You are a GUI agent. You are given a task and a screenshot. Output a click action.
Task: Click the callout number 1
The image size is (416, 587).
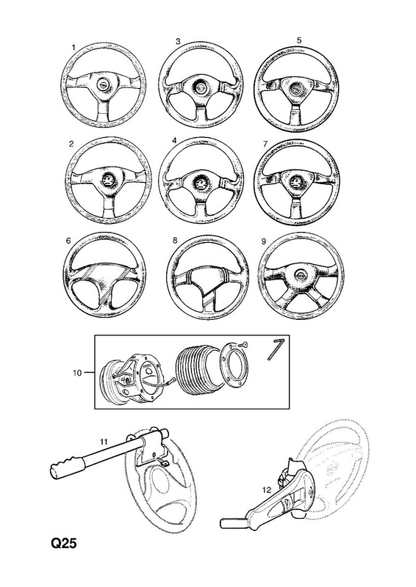[73, 47]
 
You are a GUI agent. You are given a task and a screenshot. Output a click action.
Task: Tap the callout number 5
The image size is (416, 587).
[299, 40]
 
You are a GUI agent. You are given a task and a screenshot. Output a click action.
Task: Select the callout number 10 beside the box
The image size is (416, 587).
[77, 373]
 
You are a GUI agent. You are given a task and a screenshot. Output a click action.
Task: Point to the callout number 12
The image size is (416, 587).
[266, 489]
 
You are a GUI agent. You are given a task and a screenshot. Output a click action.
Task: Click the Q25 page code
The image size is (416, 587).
[64, 543]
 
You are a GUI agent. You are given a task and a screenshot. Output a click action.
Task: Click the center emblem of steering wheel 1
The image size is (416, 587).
[101, 85]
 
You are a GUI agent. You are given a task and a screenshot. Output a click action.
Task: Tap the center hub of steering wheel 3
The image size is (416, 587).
[200, 88]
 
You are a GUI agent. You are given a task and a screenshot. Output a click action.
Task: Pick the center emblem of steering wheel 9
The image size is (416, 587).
[300, 274]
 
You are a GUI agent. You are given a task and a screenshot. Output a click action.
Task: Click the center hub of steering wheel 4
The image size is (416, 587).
[200, 183]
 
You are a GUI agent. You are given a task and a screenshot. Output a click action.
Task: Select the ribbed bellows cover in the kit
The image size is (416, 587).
[197, 369]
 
